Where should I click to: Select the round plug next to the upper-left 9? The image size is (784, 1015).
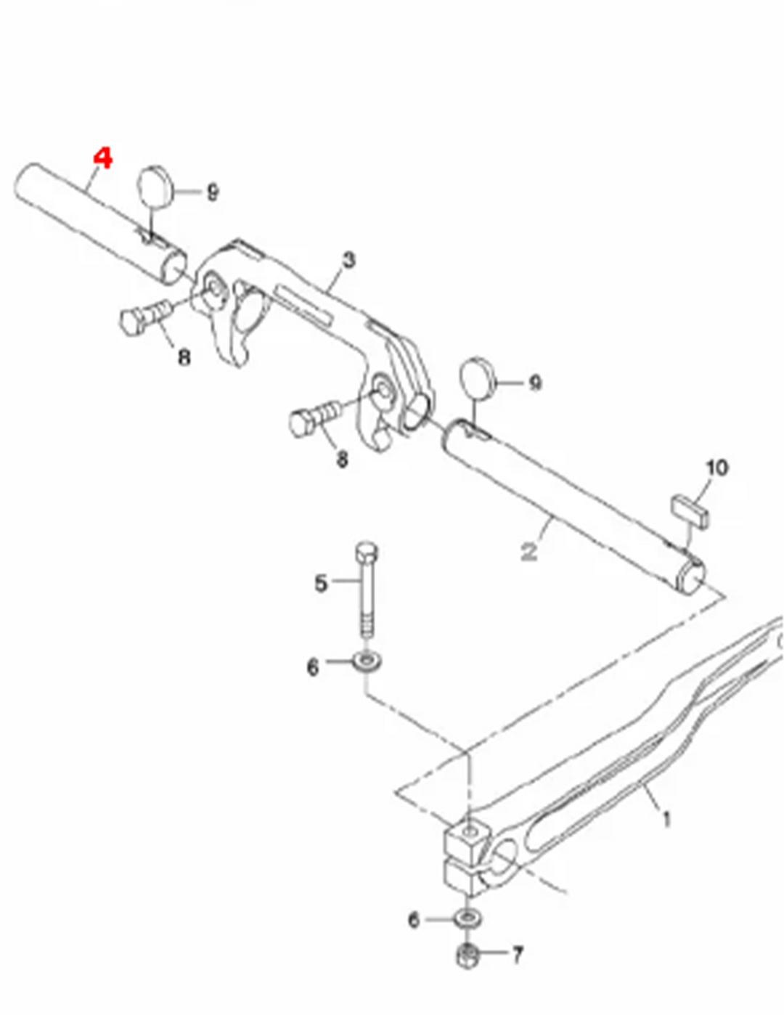tap(153, 186)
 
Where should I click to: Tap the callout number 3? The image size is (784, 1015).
tap(348, 261)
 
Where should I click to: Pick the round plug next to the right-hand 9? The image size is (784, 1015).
tap(478, 378)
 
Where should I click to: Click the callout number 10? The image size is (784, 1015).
tap(717, 468)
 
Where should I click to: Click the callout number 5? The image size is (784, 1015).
tap(321, 584)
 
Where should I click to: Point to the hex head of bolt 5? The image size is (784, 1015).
tap(367, 554)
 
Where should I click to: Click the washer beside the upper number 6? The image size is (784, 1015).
tap(367, 661)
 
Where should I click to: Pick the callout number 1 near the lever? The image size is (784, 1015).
tap(667, 819)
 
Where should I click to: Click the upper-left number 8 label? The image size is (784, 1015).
tap(184, 358)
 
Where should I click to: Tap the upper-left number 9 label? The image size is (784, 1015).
tap(213, 192)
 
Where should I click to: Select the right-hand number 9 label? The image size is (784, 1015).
tap(535, 383)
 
